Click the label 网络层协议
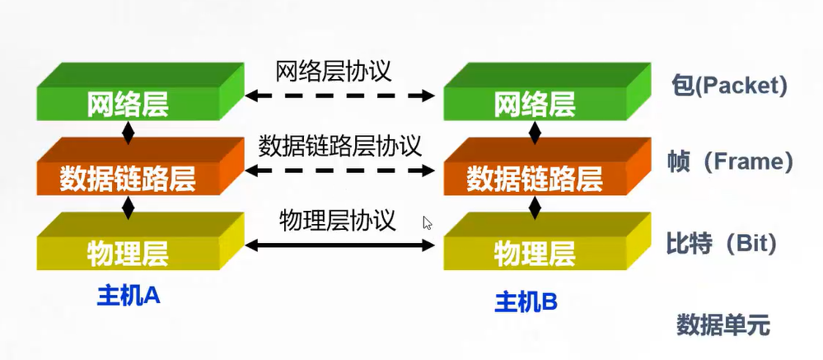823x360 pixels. [334, 70]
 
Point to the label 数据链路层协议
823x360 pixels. [339, 146]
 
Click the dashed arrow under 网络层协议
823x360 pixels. [339, 96]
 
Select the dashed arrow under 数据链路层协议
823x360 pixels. [339, 171]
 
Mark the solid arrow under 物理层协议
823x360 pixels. [339, 244]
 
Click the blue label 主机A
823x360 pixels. [128, 295]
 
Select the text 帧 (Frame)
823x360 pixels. [730, 161]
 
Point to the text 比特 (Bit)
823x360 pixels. [722, 243]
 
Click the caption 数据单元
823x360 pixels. [722, 325]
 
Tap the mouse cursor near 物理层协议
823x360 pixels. [427, 222]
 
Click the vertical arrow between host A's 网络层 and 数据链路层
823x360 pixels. [128, 133]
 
